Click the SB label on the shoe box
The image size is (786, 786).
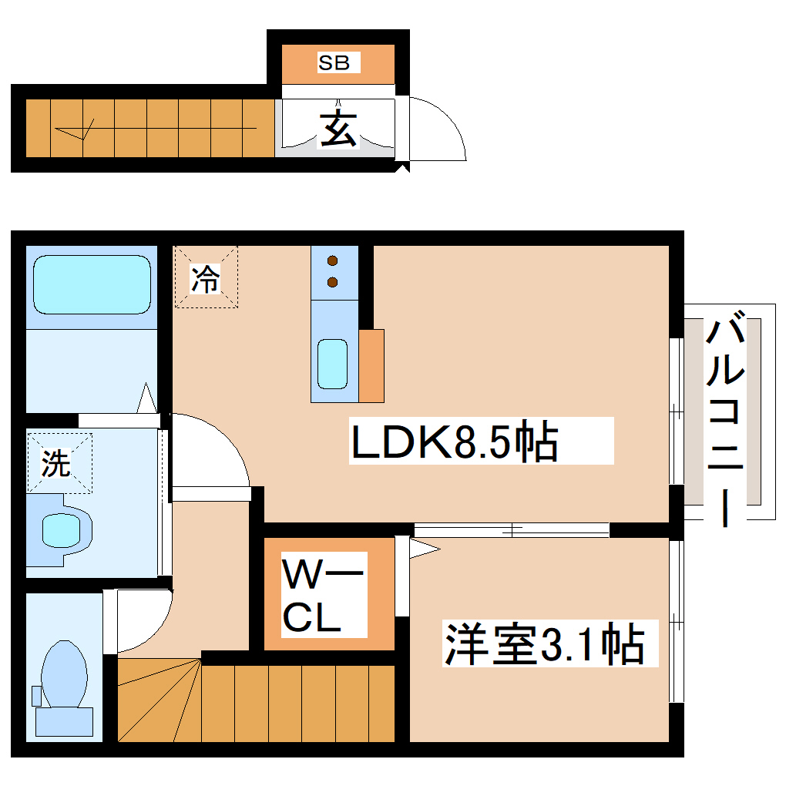click(334, 63)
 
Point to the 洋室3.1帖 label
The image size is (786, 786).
click(544, 644)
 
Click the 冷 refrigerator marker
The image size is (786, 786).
click(206, 277)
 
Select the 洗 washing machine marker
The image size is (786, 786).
click(56, 462)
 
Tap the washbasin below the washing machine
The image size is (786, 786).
click(60, 529)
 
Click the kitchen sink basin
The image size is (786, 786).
click(333, 364)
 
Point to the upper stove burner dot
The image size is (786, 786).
click(333, 260)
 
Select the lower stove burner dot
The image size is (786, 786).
click(333, 282)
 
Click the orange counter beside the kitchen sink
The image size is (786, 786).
click(371, 366)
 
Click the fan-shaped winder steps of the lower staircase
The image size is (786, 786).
click(158, 701)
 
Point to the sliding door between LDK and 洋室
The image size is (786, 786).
click(510, 530)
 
